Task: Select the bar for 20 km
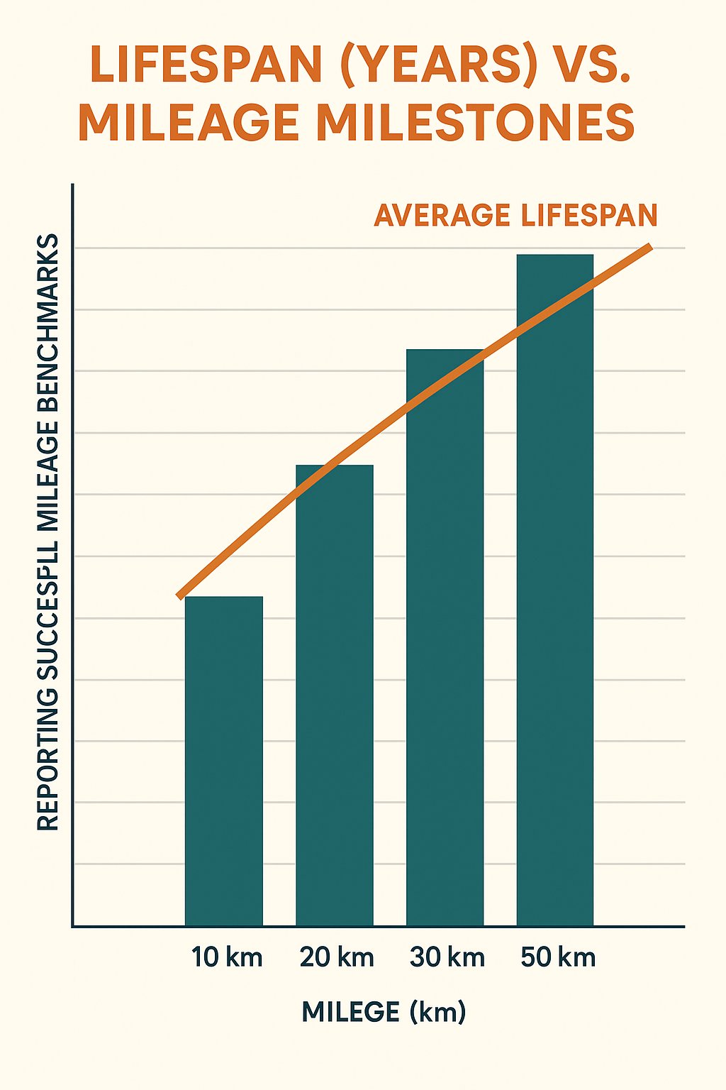click(x=335, y=695)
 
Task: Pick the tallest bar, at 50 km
click(x=555, y=589)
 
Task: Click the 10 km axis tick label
click(x=227, y=957)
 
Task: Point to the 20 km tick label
click(x=337, y=957)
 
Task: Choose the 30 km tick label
click(x=447, y=957)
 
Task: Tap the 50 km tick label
click(x=558, y=957)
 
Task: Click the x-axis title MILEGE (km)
click(x=384, y=1011)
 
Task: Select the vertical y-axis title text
click(x=48, y=532)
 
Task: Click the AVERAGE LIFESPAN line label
click(x=515, y=216)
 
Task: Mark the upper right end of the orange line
click(x=648, y=248)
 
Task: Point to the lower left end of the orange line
click(x=180, y=595)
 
